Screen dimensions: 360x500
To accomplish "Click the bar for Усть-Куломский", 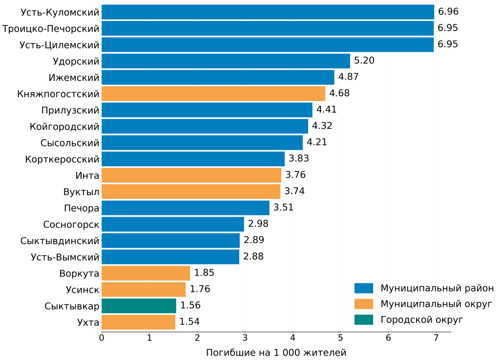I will [x=268, y=12].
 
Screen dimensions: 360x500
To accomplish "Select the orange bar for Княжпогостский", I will [x=213, y=93].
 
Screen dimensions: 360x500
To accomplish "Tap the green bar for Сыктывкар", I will [x=139, y=306].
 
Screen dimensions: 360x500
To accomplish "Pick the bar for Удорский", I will [x=226, y=61].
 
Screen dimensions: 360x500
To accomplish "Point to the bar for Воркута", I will [x=146, y=273].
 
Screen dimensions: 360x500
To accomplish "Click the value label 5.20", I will [x=364, y=61].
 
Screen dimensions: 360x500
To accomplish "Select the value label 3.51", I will [x=284, y=208].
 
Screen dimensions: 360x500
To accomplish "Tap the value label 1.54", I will [x=189, y=322].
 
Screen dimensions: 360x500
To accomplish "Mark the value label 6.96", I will [x=448, y=12].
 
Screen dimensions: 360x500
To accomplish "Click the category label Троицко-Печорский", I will [x=51, y=28].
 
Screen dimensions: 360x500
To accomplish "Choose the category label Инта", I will [x=87, y=175].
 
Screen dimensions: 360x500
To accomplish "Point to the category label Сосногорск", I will [x=71, y=224].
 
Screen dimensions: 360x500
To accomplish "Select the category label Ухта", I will [x=88, y=322].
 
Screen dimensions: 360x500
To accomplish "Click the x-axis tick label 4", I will [x=292, y=338].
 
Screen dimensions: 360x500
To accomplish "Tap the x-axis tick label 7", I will [x=436, y=338].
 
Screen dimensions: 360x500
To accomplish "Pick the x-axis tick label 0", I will [x=102, y=338].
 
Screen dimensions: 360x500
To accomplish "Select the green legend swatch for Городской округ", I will [x=364, y=320].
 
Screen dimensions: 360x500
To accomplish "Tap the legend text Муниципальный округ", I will [x=436, y=304].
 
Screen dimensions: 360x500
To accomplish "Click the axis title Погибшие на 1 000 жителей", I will [x=276, y=352].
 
